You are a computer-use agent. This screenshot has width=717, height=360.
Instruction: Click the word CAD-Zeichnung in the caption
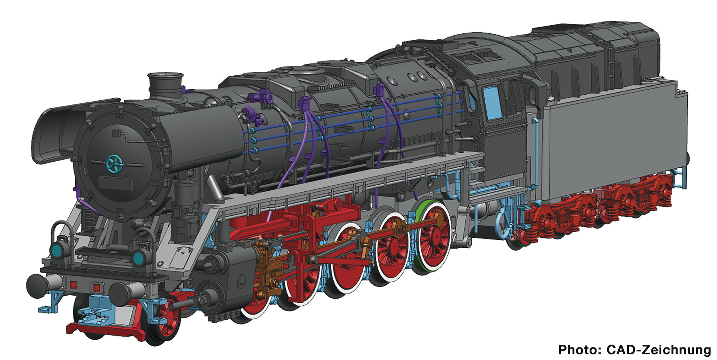[658, 349]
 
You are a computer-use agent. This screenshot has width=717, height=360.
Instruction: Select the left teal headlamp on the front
[58, 248]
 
